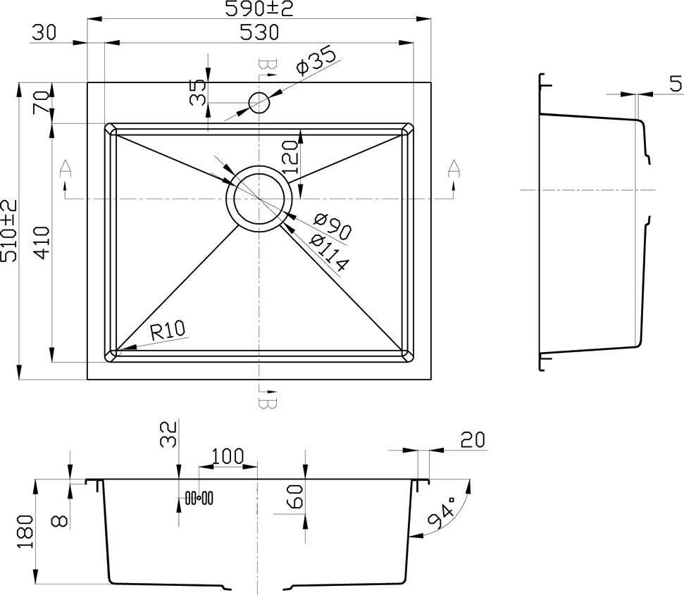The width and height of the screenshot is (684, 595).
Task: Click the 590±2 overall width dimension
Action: [x=259, y=8]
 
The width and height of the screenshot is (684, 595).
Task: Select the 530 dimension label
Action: [x=259, y=32]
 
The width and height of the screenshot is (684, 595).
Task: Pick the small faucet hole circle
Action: [x=259, y=102]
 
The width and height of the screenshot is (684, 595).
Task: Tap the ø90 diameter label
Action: [x=332, y=227]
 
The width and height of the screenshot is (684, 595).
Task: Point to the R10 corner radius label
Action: [x=168, y=331]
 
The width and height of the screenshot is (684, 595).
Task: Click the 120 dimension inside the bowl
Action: [x=292, y=157]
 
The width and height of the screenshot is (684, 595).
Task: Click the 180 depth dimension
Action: [x=25, y=532]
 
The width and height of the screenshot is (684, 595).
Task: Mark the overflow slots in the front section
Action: [x=199, y=497]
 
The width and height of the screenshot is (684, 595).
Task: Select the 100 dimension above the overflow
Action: [x=228, y=456]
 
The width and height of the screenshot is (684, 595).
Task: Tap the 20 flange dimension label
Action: [x=473, y=439]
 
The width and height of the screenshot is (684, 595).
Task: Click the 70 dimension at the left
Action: [x=41, y=102]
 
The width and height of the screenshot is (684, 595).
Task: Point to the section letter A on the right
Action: [x=454, y=168]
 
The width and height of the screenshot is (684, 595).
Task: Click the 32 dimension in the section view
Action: [x=169, y=434]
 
